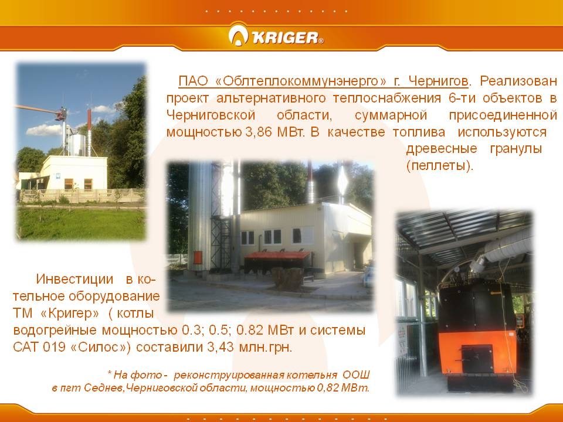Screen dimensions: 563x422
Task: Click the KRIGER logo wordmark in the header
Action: pos(286,38)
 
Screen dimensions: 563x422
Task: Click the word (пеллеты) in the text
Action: pos(440,166)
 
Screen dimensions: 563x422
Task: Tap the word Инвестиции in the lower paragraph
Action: pos(74,279)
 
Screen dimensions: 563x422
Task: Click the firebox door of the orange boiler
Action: pos(477,359)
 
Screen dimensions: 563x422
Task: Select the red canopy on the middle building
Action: pos(277,256)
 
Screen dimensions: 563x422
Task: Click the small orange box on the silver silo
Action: pos(198,257)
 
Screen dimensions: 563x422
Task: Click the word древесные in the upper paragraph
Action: pos(442,148)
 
